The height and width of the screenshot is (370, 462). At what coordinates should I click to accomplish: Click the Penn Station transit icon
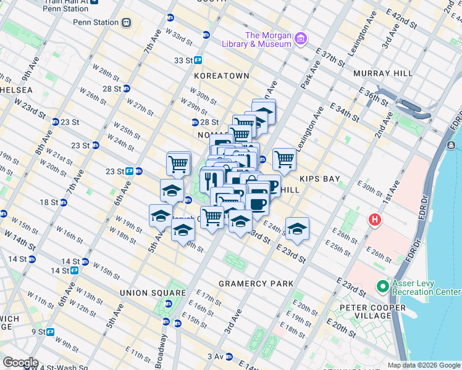pyautogui.click(x=126, y=22)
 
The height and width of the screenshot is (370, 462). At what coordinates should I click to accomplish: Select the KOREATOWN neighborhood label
pyautogui.click(x=221, y=75)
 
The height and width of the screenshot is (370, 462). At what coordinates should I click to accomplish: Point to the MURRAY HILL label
pyautogui.click(x=383, y=73)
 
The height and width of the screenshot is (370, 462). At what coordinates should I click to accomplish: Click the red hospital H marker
pyautogui.click(x=374, y=220)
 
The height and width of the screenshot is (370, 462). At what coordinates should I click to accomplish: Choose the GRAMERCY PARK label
pyautogui.click(x=256, y=284)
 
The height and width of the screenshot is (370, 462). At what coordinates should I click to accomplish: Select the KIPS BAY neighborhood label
pyautogui.click(x=320, y=179)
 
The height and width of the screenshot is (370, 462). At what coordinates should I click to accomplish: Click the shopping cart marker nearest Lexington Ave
pyautogui.click(x=284, y=159)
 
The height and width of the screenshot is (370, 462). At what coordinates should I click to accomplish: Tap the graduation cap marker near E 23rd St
pyautogui.click(x=297, y=229)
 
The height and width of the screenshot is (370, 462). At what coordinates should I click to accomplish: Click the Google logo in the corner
pyautogui.click(x=20, y=363)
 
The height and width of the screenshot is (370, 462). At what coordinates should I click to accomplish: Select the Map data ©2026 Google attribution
pyautogui.click(x=424, y=365)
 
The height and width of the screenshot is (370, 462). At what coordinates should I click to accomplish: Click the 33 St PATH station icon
pyautogui.click(x=198, y=60)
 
